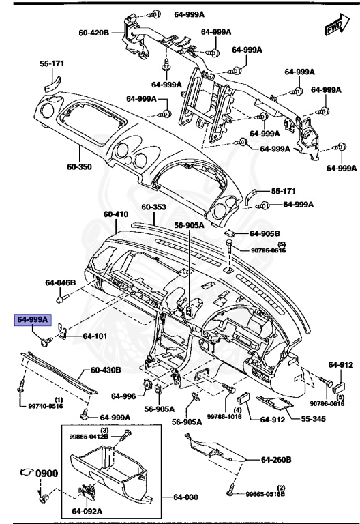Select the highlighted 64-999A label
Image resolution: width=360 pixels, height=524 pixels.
[x=33, y=319]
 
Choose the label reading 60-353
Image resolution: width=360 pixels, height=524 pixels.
[x=154, y=207]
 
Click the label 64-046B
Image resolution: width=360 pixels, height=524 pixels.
[x=61, y=282]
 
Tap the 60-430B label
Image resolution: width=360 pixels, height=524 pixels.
[x=106, y=370]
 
